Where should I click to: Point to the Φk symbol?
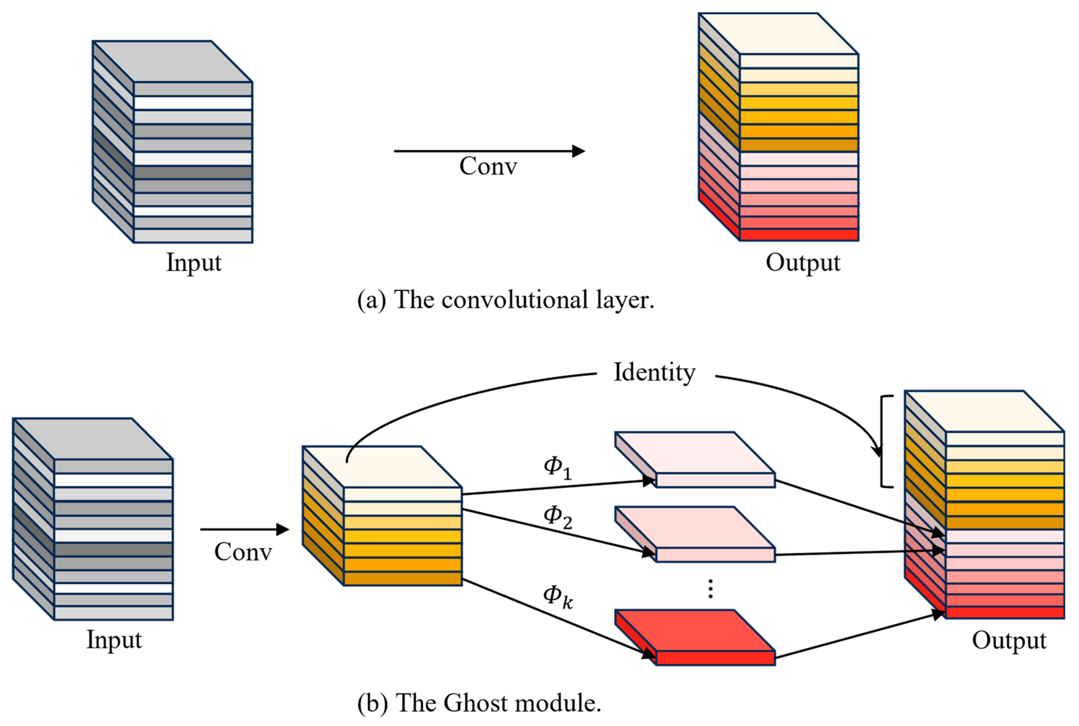[x=557, y=596]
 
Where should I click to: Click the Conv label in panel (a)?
[x=488, y=166]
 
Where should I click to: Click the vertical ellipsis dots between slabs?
[x=710, y=589]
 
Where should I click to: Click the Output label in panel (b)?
[x=1009, y=640]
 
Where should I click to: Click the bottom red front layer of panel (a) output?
[x=799, y=235]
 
